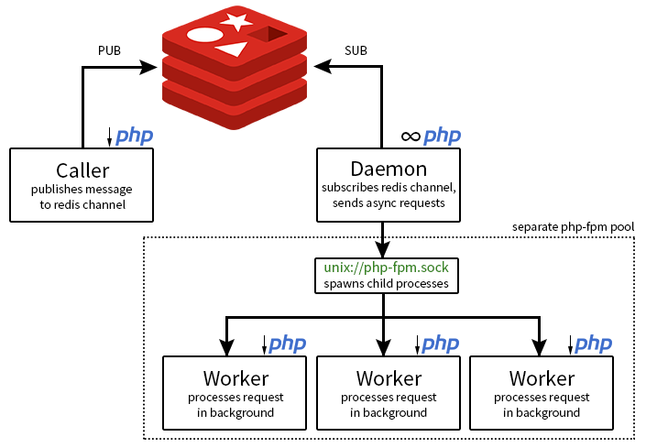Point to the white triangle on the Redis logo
[234, 48]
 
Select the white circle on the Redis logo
[204, 35]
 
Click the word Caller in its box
[82, 169]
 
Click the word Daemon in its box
[389, 169]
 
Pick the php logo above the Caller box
[134, 137]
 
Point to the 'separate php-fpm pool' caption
[572, 226]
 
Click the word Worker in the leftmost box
[235, 377]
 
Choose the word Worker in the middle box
[389, 377]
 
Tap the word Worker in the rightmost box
[542, 377]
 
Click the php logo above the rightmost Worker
[593, 344]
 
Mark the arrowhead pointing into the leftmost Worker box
[226, 347]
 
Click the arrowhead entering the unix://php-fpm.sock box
[383, 249]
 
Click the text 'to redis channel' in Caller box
[82, 204]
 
